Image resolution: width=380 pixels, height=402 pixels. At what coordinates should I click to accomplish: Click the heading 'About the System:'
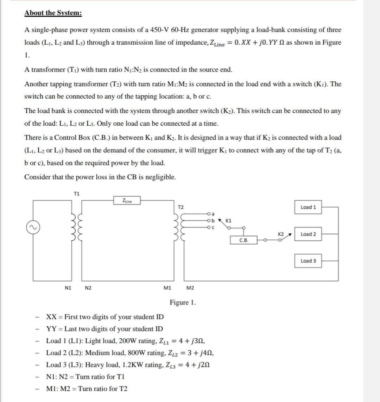pos(53,13)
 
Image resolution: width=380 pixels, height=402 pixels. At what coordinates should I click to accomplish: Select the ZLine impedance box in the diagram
pos(127,201)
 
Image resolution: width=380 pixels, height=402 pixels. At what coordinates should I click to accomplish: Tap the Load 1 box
pos(308,207)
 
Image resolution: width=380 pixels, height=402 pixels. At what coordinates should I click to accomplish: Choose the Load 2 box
pos(308,234)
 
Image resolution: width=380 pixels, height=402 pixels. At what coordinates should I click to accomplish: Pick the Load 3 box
pos(308,261)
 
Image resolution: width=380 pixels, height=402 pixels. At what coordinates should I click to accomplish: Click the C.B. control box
pos(243,241)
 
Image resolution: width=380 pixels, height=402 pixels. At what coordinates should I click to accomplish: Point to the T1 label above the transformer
pos(77,193)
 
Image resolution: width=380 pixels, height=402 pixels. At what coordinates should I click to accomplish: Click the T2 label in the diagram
pos(180,207)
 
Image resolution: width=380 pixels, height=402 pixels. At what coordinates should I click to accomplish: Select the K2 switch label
pos(281,234)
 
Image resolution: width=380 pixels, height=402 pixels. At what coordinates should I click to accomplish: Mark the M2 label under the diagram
pos(190,288)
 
